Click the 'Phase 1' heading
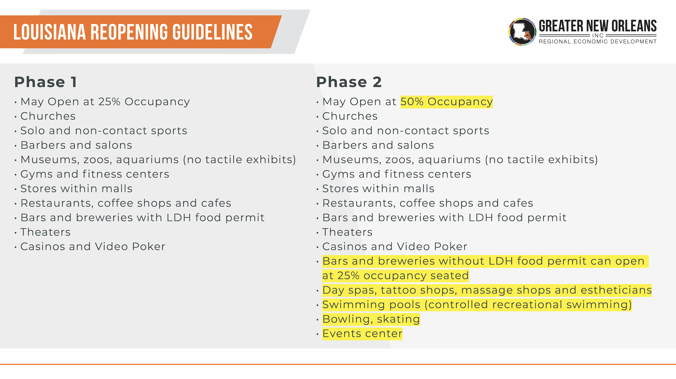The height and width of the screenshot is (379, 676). pyautogui.click(x=46, y=82)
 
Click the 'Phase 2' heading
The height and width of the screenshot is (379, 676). pyautogui.click(x=349, y=82)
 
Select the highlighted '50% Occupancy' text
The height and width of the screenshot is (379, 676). pyautogui.click(x=447, y=102)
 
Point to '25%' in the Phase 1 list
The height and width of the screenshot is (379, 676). pyautogui.click(x=109, y=102)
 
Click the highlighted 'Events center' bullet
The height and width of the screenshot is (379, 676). pyautogui.click(x=362, y=334)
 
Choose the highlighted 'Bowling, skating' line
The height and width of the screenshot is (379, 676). pyautogui.click(x=371, y=319)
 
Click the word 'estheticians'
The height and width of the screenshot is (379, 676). pyautogui.click(x=616, y=290)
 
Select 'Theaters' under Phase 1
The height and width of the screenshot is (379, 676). pyautogui.click(x=45, y=232)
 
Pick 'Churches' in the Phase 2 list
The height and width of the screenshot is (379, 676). pyautogui.click(x=350, y=116)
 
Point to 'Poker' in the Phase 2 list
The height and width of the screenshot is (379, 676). pyautogui.click(x=451, y=246)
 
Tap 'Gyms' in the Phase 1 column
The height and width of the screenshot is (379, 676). pyautogui.click(x=36, y=174)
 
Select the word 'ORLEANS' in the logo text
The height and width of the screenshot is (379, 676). pyautogui.click(x=634, y=26)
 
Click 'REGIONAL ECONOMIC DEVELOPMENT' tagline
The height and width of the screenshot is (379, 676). pyautogui.click(x=598, y=41)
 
